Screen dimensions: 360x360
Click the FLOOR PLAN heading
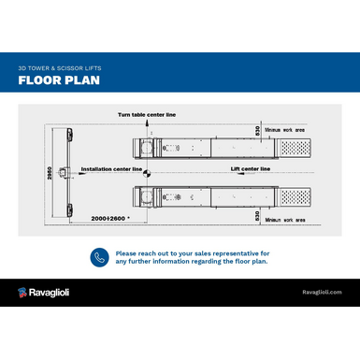[59, 81]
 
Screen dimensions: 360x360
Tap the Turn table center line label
[146, 113]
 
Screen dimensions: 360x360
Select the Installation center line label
[111, 169]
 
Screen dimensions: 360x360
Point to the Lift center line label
[250, 169]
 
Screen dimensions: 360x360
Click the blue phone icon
[98, 257]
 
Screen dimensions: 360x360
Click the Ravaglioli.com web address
[321, 293]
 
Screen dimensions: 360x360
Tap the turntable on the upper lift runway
[147, 148]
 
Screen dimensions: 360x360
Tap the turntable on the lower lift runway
[147, 197]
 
